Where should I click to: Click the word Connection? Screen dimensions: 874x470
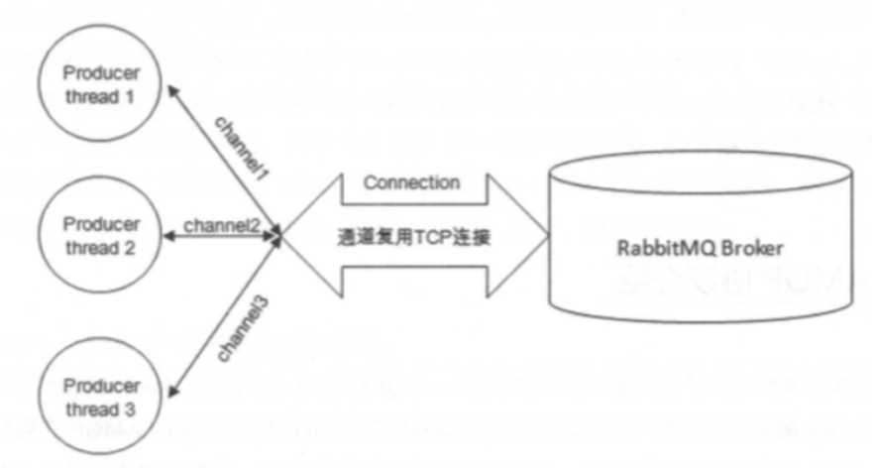(x=411, y=183)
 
